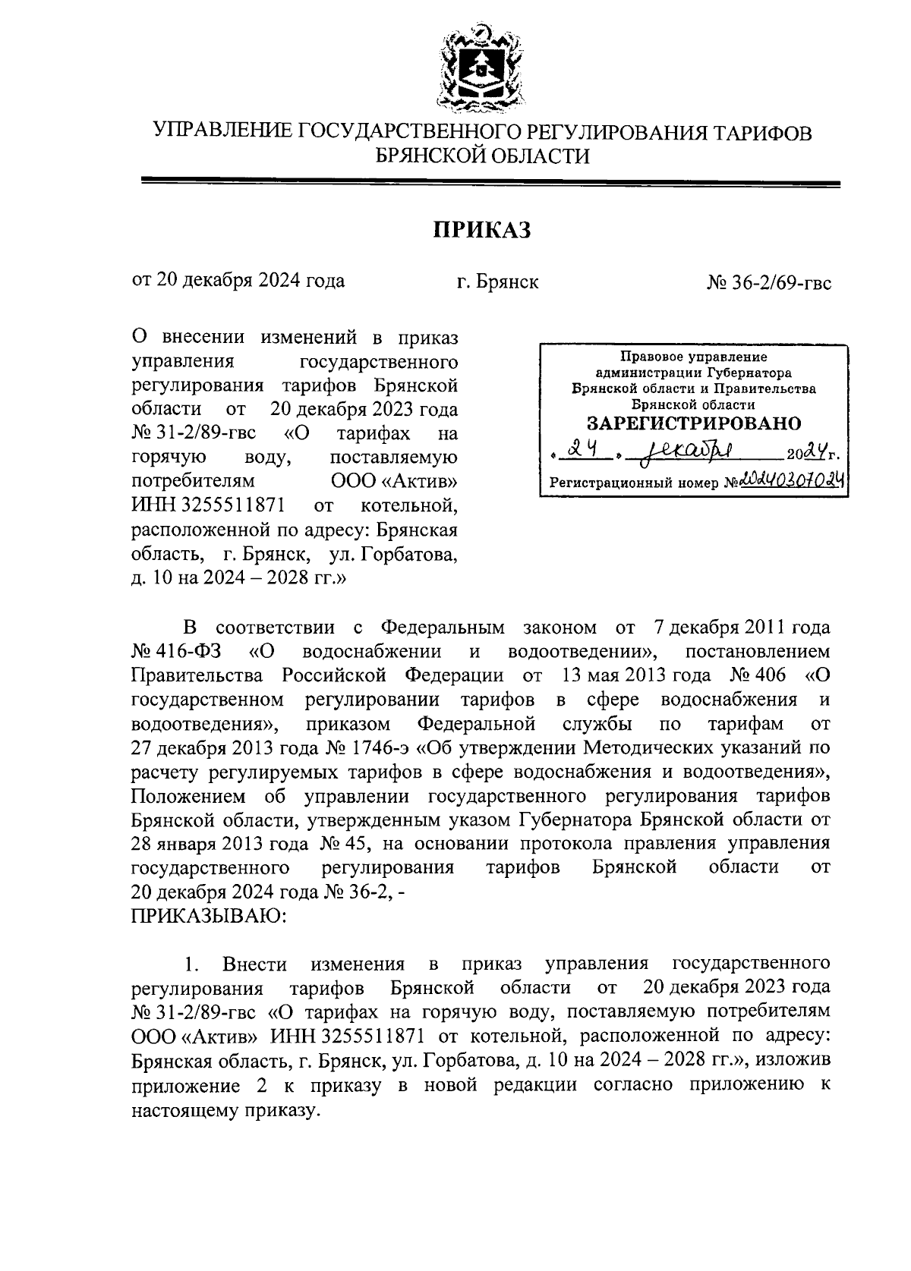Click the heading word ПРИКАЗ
tap(481, 228)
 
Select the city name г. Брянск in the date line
tap(497, 282)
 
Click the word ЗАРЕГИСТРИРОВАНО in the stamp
tap(694, 423)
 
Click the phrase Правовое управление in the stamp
tap(694, 357)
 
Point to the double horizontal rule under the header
tap(490, 183)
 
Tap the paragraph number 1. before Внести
tap(191, 964)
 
